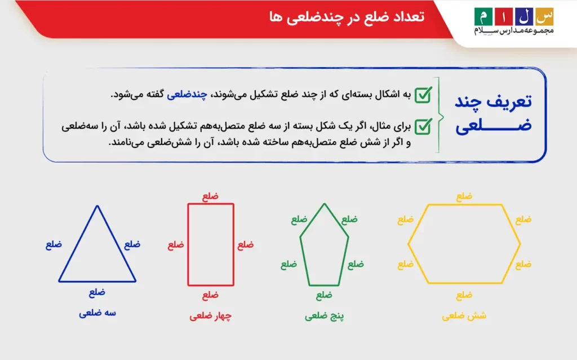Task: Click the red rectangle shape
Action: [x=210, y=245]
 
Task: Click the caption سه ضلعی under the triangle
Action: [x=97, y=313]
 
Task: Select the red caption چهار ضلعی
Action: [x=210, y=317]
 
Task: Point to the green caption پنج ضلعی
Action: [x=324, y=316]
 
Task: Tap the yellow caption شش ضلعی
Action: [x=464, y=316]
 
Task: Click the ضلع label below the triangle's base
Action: [x=97, y=292]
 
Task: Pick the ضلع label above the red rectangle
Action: [x=210, y=196]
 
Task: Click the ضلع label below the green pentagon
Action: [x=324, y=295]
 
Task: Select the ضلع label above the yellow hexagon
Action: [x=464, y=196]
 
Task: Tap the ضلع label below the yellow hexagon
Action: [x=464, y=295]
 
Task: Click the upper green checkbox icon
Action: [x=423, y=94]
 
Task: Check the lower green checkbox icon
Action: [x=423, y=125]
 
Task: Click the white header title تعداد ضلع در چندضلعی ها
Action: [x=347, y=16]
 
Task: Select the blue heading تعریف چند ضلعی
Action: [x=493, y=115]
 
